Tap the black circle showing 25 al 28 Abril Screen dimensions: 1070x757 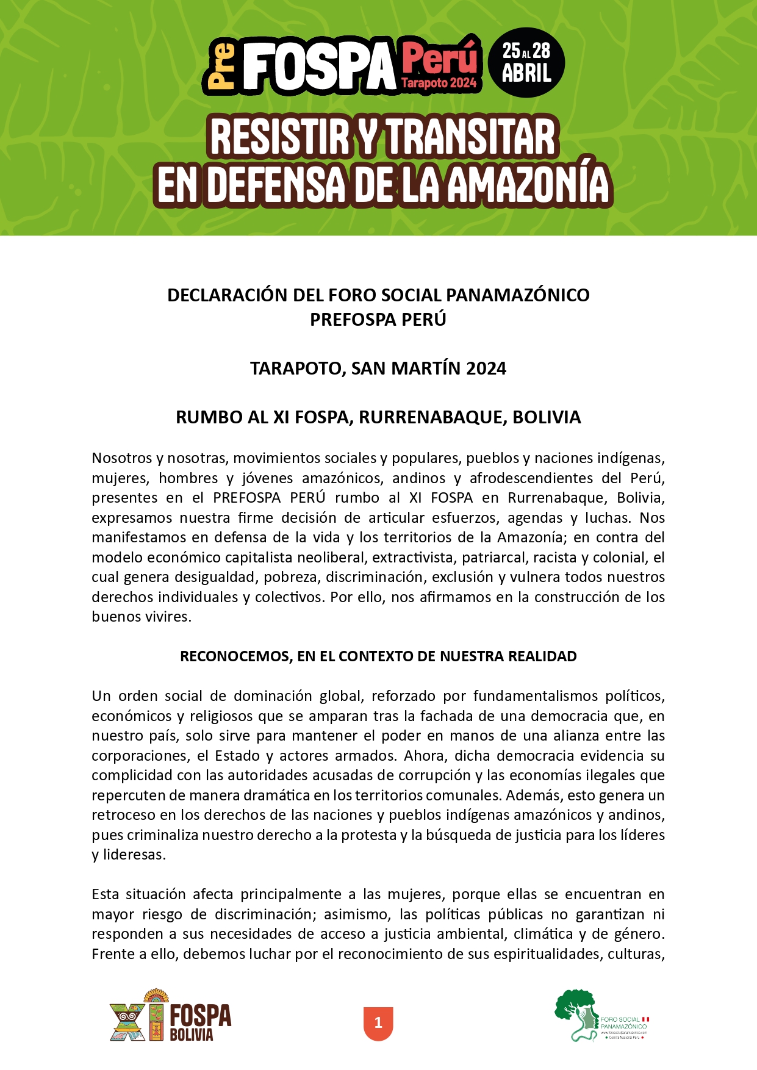(x=526, y=63)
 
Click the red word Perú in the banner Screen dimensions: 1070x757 (x=439, y=58)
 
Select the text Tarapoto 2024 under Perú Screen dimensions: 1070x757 (x=439, y=84)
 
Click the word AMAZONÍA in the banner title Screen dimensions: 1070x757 (x=528, y=185)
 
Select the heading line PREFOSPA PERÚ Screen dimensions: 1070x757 (x=378, y=320)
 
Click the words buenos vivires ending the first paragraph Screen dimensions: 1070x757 (x=141, y=617)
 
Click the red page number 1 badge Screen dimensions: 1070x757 (x=378, y=1023)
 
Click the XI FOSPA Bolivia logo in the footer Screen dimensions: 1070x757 (x=170, y=1016)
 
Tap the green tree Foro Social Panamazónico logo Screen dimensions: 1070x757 (x=601, y=1016)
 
